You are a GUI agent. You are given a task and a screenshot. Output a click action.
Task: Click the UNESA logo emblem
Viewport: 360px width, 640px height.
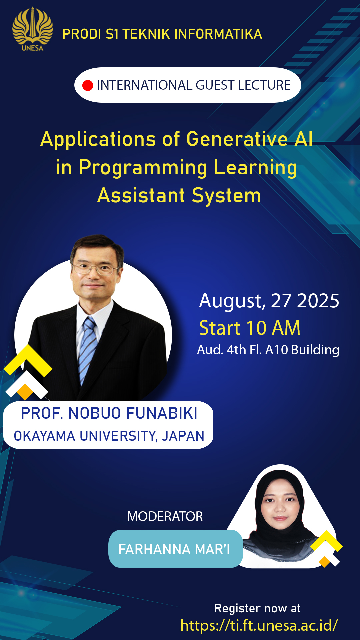pos(32,29)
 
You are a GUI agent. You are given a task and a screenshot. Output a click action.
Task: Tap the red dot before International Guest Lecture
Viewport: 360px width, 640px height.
pos(88,85)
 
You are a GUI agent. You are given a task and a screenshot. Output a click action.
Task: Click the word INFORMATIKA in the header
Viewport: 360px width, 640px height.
pos(218,34)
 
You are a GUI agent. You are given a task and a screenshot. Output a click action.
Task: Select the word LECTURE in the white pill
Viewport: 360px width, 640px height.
pos(264,85)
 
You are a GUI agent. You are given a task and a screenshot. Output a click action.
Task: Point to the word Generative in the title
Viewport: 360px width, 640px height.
pos(237,139)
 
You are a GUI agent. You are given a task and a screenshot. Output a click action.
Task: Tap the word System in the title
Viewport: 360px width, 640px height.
pos(227,196)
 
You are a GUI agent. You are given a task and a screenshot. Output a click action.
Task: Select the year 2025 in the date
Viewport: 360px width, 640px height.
pos(318,301)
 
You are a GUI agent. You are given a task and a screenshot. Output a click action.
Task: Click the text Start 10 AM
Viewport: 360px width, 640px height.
pos(250,328)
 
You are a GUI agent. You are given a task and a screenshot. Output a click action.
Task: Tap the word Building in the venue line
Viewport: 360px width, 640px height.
pos(315,350)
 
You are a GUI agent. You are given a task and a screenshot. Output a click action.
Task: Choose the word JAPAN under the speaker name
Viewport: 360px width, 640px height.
pos(183,436)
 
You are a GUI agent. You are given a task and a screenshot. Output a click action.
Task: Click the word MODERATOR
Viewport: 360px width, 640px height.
pos(165,517)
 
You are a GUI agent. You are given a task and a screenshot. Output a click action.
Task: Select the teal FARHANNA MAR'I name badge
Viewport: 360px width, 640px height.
pos(176,549)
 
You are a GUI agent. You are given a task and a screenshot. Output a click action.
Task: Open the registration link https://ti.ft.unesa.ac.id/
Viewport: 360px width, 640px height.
pos(259,625)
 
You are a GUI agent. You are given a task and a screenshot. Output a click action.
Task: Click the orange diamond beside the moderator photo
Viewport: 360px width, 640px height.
pos(324,562)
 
